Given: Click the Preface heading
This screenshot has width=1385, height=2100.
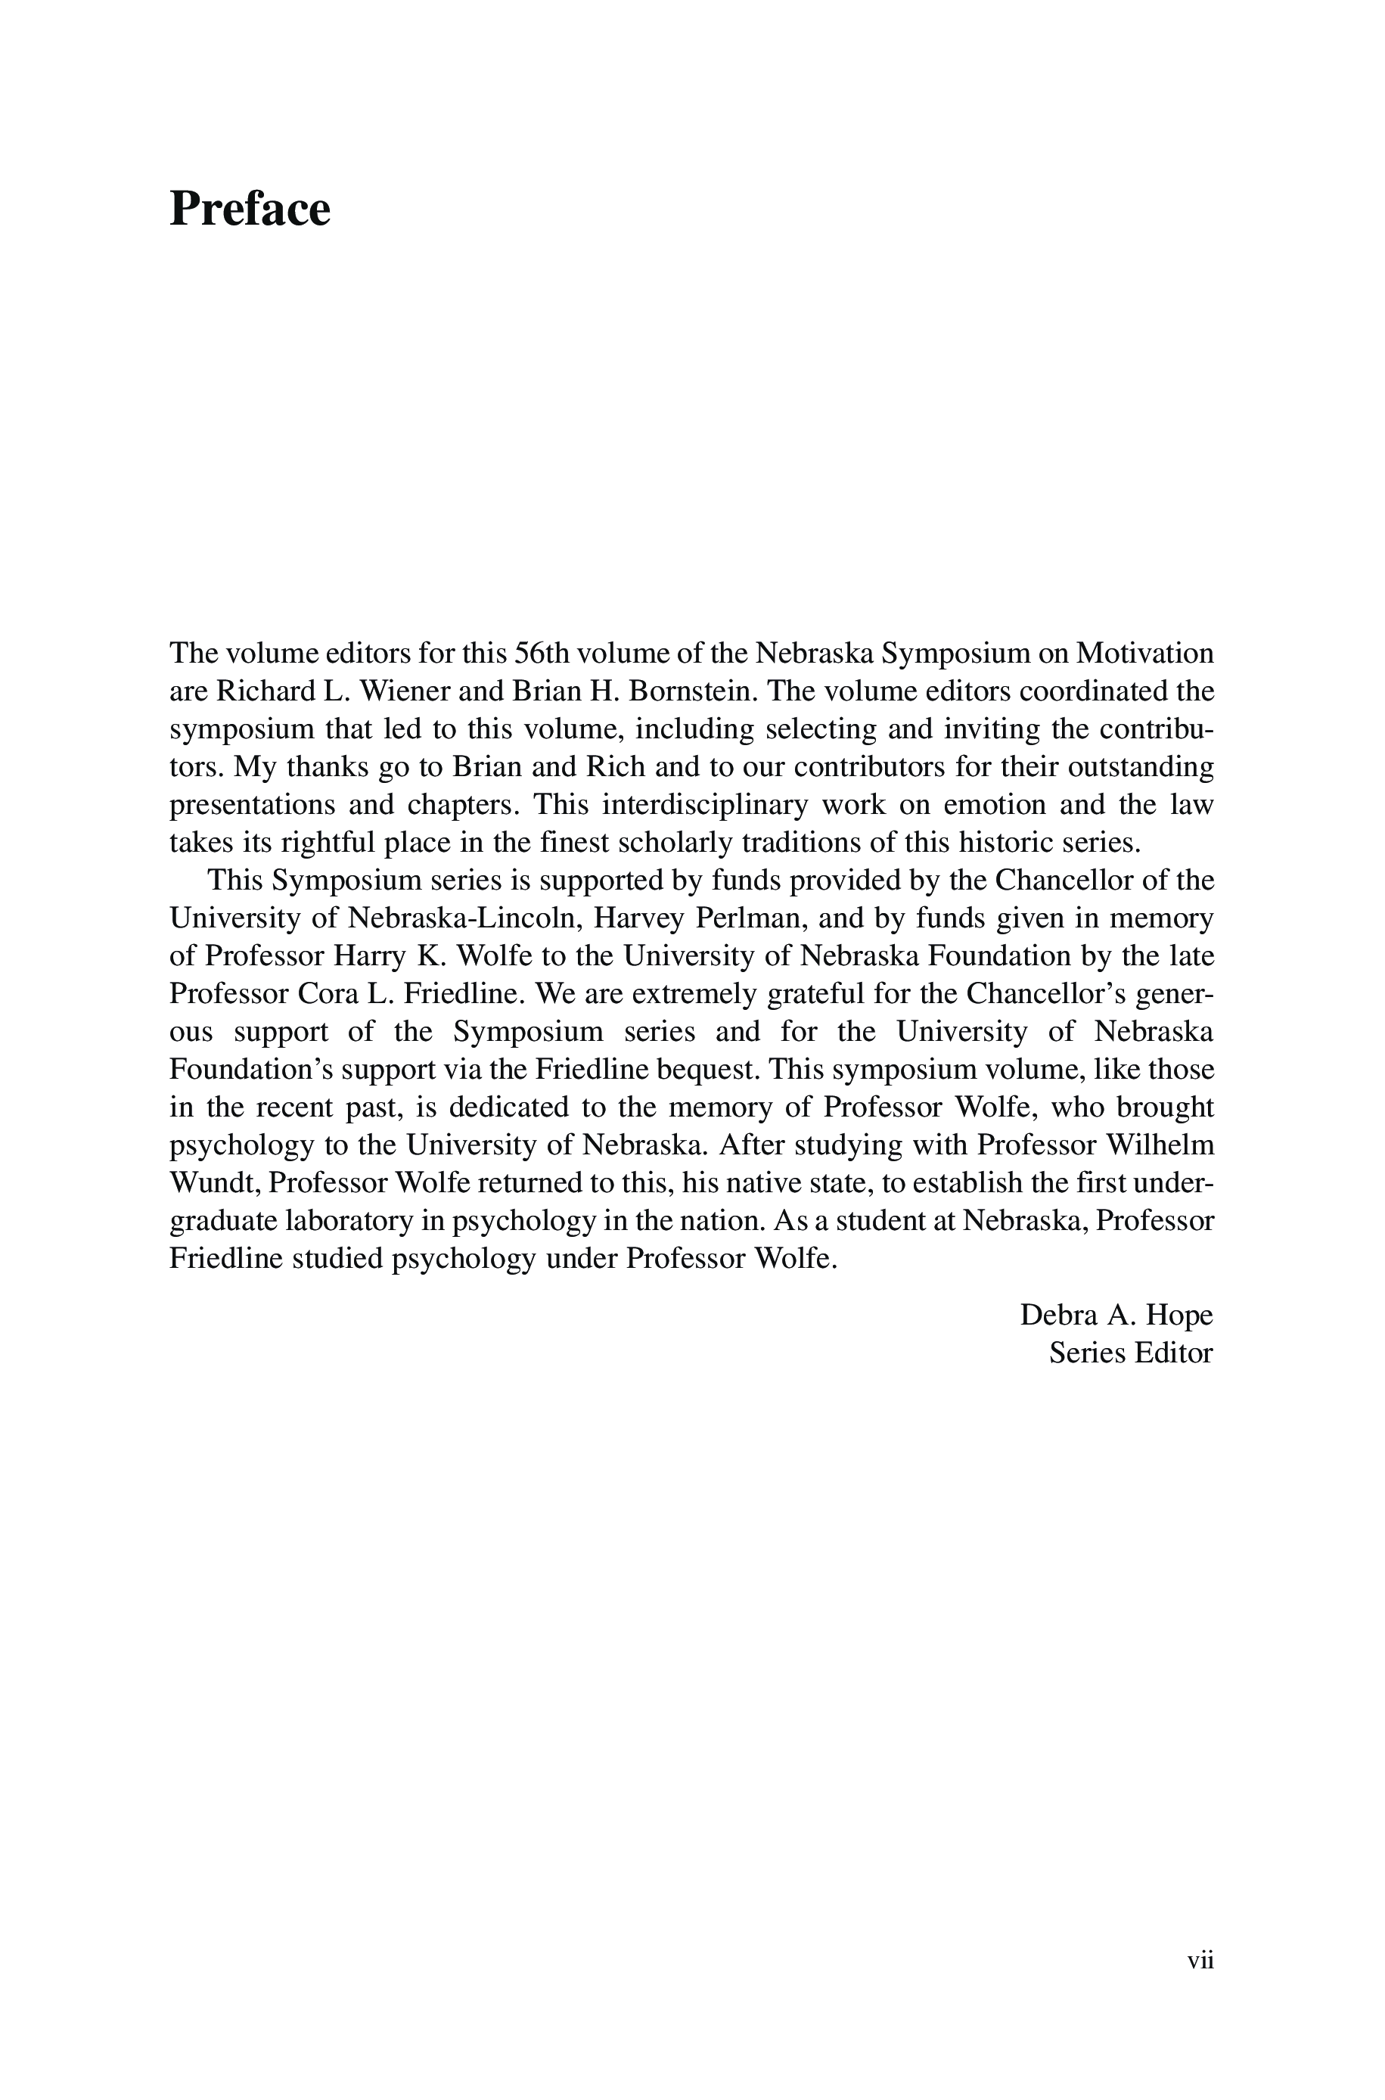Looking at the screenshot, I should coord(249,210).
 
